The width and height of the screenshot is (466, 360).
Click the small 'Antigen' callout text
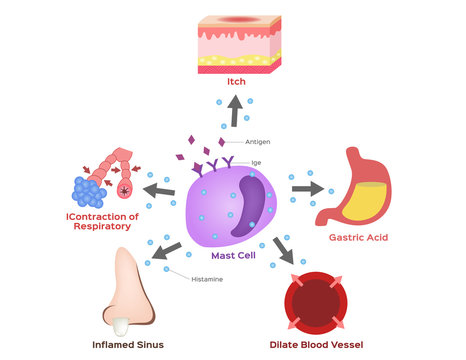click(x=257, y=142)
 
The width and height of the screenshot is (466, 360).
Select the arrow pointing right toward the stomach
click(x=307, y=187)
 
